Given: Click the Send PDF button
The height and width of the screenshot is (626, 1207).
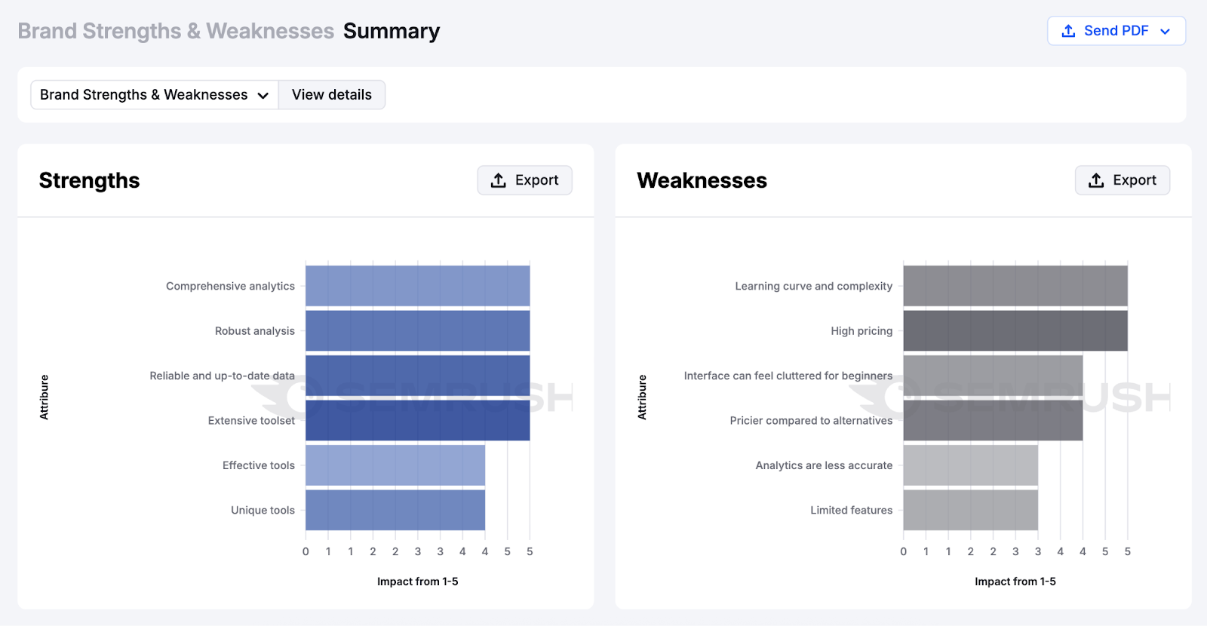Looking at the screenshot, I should [x=1116, y=31].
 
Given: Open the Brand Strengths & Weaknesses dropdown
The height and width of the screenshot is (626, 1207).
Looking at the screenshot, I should [x=154, y=95].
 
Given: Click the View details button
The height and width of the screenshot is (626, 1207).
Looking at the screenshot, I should [x=332, y=95].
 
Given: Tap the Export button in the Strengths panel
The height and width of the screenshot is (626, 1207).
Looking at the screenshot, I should [x=524, y=180].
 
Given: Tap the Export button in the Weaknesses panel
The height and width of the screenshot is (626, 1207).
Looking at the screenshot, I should [x=1122, y=180].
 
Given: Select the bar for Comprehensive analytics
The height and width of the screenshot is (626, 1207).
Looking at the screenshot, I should [x=417, y=286].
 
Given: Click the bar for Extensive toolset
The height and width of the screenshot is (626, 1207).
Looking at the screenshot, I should [x=417, y=421].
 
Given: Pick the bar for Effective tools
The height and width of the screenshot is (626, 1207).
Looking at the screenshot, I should [x=395, y=465].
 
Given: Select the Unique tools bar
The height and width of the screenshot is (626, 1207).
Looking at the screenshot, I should [x=395, y=510].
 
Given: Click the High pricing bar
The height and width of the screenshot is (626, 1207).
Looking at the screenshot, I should [x=1015, y=331].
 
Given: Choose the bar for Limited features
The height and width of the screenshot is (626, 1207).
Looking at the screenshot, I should [x=970, y=510].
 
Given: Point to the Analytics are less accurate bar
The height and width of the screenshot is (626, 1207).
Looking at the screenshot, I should [x=970, y=465].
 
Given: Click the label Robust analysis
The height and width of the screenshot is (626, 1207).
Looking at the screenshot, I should [x=254, y=331].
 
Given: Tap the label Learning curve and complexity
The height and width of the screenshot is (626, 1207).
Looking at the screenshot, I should [x=813, y=287].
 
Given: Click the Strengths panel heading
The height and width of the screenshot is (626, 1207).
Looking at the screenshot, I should [x=89, y=181].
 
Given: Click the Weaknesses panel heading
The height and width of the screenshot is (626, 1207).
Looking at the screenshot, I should [x=702, y=181].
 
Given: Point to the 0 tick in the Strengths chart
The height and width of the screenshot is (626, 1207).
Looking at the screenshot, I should [x=306, y=551].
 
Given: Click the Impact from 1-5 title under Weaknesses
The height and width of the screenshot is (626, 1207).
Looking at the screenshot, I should [x=1015, y=582].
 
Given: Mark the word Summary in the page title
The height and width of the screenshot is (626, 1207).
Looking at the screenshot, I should [x=391, y=31].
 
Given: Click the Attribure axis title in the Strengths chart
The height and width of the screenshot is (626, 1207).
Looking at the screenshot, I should [x=44, y=397].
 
